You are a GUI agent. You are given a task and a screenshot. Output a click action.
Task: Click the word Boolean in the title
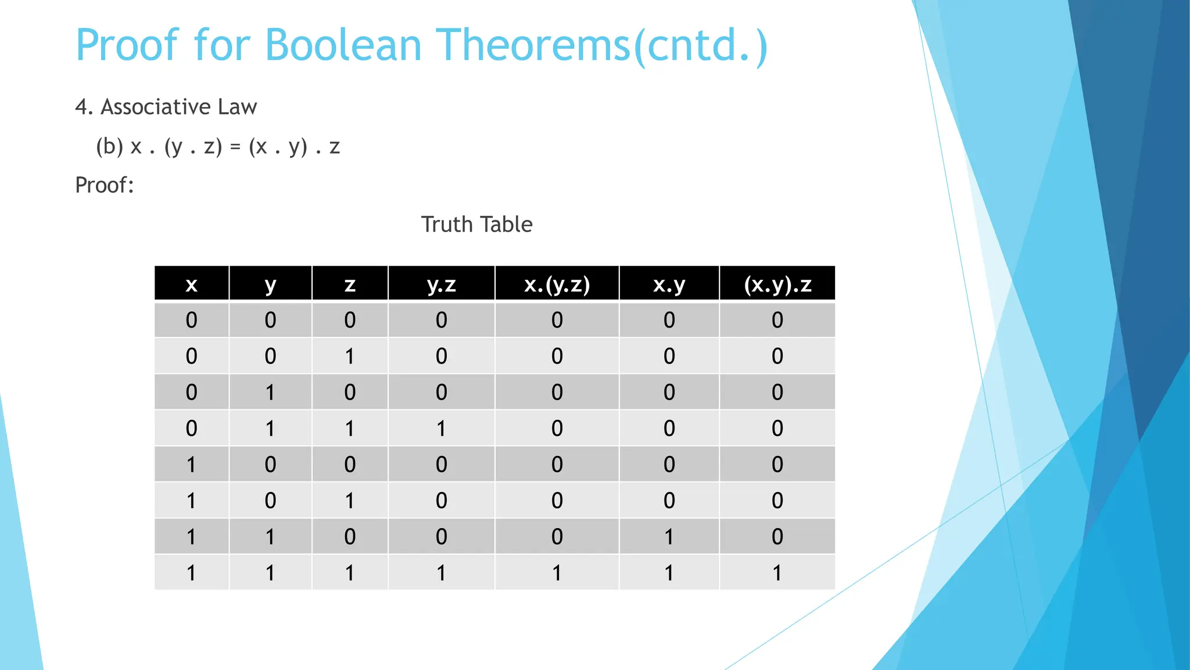[343, 45]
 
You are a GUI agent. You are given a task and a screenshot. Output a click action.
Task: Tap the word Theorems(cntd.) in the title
[602, 45]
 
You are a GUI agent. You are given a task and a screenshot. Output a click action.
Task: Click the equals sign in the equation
[235, 147]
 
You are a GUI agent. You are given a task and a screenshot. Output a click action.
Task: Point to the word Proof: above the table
[105, 186]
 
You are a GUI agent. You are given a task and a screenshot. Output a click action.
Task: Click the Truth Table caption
[476, 224]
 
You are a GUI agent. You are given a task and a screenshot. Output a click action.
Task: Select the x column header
[191, 284]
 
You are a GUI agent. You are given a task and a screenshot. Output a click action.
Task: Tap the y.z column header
[441, 284]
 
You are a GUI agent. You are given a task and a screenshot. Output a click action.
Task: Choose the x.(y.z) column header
[557, 284]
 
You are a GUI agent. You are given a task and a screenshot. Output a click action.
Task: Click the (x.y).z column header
[777, 284]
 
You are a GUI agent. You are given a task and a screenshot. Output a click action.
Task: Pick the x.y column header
[669, 284]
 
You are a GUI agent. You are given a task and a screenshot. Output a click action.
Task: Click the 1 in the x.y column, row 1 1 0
[669, 537]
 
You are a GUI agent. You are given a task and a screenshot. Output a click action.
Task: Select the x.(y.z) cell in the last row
[557, 573]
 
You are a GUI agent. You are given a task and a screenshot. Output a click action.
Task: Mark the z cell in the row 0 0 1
[349, 356]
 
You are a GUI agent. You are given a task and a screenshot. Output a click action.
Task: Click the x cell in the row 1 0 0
[191, 465]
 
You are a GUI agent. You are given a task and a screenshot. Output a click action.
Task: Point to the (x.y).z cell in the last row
[777, 573]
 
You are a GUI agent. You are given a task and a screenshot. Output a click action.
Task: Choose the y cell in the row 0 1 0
[270, 393]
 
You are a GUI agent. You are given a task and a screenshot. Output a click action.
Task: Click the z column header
[349, 284]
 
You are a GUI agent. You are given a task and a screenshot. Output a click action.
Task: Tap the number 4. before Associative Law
[84, 107]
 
